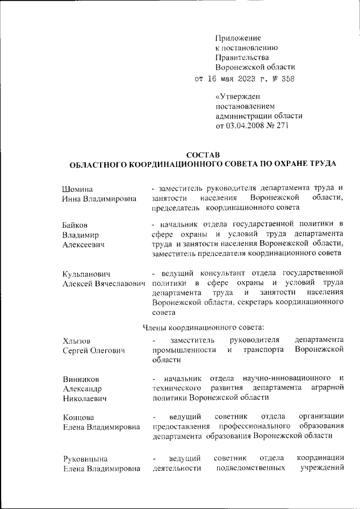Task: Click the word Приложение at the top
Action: click(x=235, y=38)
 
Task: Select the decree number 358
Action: click(x=286, y=79)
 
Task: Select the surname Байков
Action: click(x=76, y=225)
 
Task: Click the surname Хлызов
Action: click(x=76, y=341)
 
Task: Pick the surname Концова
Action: click(x=78, y=417)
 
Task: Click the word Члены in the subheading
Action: click(x=154, y=326)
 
